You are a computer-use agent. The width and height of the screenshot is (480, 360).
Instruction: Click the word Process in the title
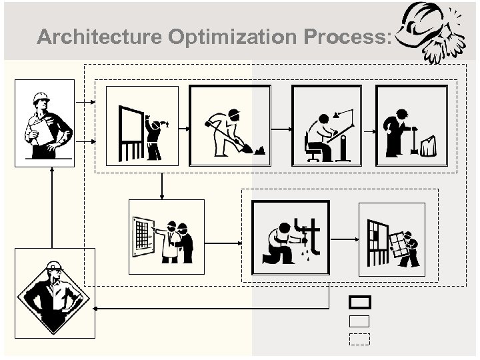(343, 37)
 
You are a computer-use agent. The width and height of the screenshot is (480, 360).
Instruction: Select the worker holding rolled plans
(44, 122)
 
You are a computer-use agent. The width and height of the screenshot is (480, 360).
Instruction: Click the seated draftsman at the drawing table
(327, 126)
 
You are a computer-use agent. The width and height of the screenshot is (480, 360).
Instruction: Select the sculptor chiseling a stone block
(411, 126)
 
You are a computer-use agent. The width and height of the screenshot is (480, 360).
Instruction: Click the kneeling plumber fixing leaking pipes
(290, 237)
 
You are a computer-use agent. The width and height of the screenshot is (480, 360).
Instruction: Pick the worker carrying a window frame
(391, 239)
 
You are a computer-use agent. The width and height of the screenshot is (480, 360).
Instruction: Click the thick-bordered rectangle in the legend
(359, 302)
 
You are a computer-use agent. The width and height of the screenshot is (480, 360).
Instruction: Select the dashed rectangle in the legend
(359, 339)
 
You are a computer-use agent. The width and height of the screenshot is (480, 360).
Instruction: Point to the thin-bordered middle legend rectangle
(359, 321)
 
